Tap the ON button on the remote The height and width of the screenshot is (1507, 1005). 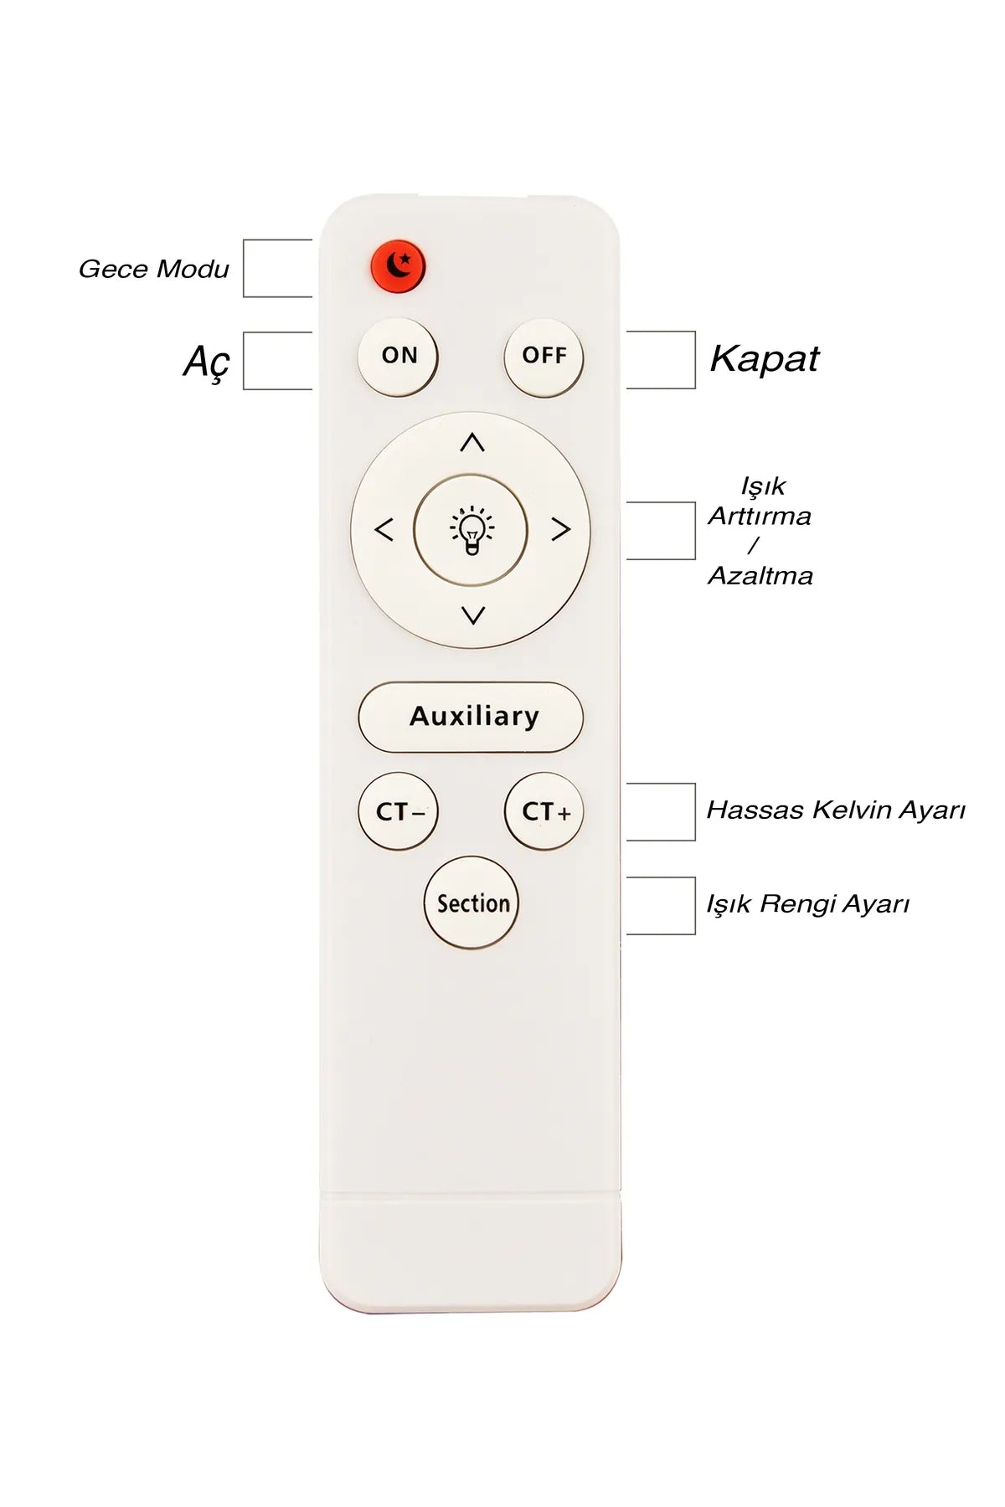(398, 356)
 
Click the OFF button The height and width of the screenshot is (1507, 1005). (544, 357)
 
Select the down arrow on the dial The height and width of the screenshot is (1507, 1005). (473, 615)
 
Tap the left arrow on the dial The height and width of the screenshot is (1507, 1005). (384, 529)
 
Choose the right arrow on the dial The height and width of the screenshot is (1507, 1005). (561, 529)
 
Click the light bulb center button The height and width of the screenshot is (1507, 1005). (471, 530)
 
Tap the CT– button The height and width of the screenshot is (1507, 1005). (398, 811)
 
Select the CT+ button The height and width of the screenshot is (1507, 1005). (544, 811)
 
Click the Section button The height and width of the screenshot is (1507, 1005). (472, 903)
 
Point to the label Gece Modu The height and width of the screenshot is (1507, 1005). (153, 269)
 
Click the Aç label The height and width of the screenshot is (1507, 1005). (206, 363)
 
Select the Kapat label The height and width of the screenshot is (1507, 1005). (764, 359)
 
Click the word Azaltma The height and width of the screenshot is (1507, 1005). (760, 575)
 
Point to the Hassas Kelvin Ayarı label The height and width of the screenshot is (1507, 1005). (836, 810)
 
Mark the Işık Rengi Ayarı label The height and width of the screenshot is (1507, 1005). (807, 904)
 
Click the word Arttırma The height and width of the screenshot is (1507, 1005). (760, 516)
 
